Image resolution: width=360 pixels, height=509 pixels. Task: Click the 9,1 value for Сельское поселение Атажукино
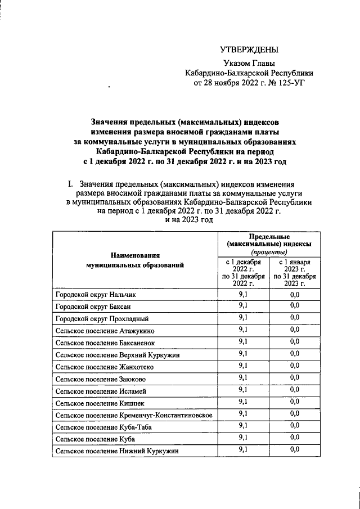(x=243, y=330)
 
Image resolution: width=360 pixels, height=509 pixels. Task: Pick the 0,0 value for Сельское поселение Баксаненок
(x=294, y=341)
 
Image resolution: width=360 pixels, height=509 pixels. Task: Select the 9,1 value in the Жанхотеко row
(x=243, y=366)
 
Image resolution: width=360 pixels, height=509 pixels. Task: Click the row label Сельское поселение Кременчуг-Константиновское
(x=133, y=415)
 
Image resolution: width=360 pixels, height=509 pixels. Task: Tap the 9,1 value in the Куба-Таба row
(x=243, y=426)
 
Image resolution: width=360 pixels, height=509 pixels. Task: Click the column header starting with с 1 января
(x=294, y=273)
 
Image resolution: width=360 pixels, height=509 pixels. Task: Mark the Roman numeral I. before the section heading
(x=70, y=184)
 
